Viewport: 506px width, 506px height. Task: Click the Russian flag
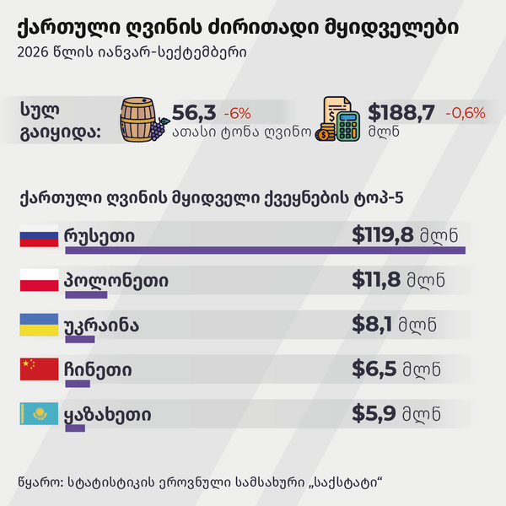pyautogui.click(x=39, y=236)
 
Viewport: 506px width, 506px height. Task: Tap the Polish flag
pyautogui.click(x=39, y=280)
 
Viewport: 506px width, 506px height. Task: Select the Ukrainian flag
pyautogui.click(x=39, y=325)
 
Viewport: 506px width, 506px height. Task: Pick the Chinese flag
pyautogui.click(x=39, y=369)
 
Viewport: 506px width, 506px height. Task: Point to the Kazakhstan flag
pyautogui.click(x=39, y=413)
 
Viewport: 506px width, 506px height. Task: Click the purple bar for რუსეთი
pyautogui.click(x=266, y=250)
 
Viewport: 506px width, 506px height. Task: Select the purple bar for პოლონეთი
pyautogui.click(x=86, y=294)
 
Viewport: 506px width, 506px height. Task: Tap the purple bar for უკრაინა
pyautogui.click(x=80, y=339)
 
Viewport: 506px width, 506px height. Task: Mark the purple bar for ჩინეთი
pyautogui.click(x=78, y=384)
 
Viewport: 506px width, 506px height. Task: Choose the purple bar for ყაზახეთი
pyautogui.click(x=75, y=428)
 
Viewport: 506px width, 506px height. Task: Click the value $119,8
pyautogui.click(x=382, y=235)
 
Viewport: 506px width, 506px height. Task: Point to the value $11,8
pyautogui.click(x=376, y=279)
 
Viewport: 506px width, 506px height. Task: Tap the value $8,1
pyautogui.click(x=372, y=324)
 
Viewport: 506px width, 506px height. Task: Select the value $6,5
pyautogui.click(x=374, y=369)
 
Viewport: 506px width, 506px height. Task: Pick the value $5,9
pyautogui.click(x=374, y=413)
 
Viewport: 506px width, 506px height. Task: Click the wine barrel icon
pyautogui.click(x=137, y=120)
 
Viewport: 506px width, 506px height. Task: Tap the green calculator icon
pyautogui.click(x=347, y=126)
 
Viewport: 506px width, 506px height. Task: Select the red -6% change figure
pyautogui.click(x=237, y=113)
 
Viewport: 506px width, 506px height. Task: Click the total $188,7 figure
pyautogui.click(x=401, y=113)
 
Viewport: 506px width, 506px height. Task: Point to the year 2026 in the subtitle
pyautogui.click(x=33, y=52)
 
